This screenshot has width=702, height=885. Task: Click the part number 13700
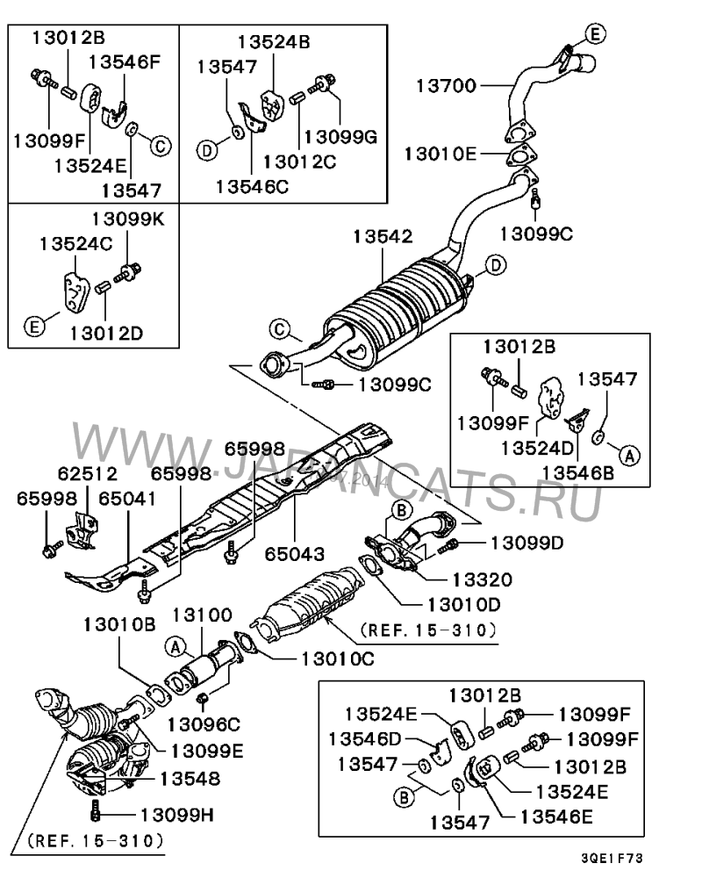click(x=446, y=86)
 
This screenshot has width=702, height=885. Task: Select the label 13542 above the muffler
click(x=383, y=237)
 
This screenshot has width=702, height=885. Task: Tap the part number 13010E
click(x=440, y=155)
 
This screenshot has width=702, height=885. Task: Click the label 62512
click(x=75, y=475)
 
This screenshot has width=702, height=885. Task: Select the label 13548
click(x=190, y=778)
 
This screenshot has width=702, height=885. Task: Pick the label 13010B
click(x=119, y=624)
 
